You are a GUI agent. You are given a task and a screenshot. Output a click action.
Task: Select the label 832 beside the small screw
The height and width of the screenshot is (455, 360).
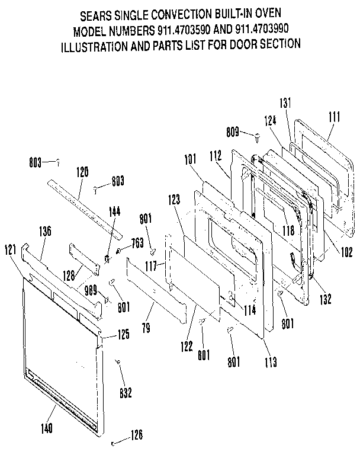click(x=125, y=392)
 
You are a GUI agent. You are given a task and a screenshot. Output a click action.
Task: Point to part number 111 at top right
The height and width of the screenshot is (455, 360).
click(x=333, y=117)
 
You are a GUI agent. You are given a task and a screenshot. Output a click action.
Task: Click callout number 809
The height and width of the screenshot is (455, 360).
click(x=234, y=132)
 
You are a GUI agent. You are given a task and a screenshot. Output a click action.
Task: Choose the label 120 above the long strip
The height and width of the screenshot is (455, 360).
click(x=82, y=172)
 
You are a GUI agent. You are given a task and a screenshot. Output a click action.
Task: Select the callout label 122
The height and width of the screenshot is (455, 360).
click(x=187, y=345)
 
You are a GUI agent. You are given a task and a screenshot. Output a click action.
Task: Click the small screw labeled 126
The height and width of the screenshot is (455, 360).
click(x=112, y=442)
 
